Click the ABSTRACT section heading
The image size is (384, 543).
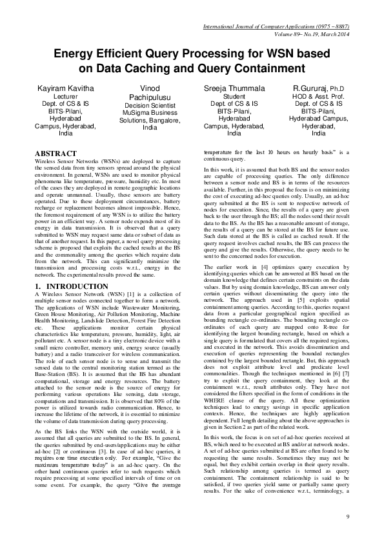(x=58, y=153)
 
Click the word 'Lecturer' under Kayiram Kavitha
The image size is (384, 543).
(x=65, y=96)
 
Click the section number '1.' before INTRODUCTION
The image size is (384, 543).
(x=38, y=286)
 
